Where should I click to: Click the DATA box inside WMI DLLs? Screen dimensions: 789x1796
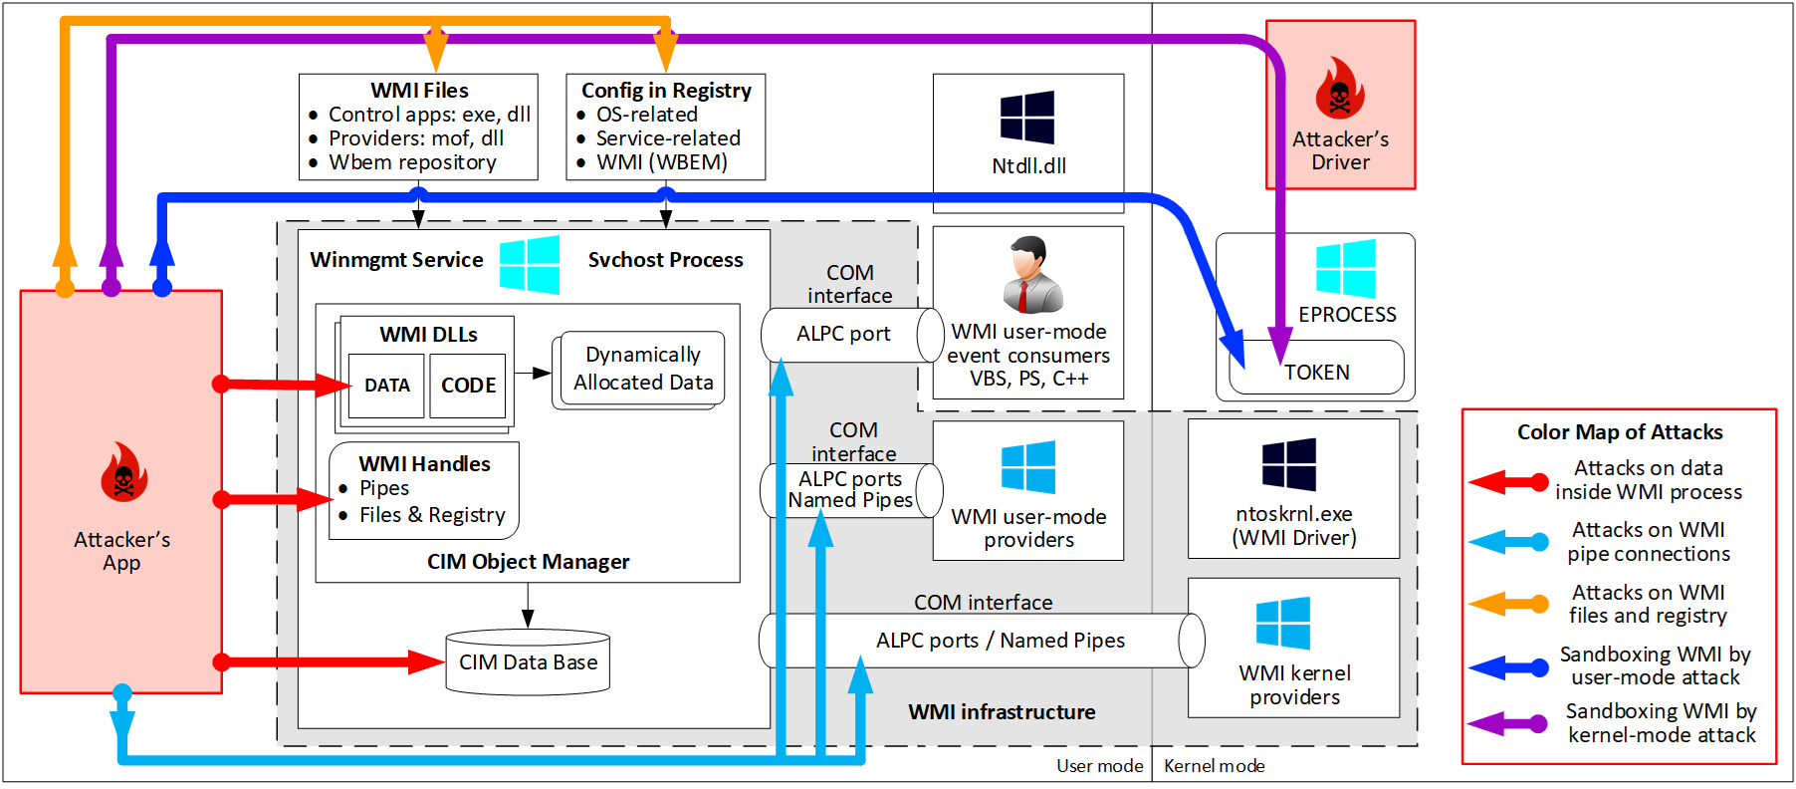point(386,386)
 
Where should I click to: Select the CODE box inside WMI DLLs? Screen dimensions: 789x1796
point(468,386)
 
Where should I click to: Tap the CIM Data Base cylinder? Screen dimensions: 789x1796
point(528,662)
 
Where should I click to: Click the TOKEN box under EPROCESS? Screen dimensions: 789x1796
point(1316,372)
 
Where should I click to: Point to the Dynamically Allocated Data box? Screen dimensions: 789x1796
point(643,369)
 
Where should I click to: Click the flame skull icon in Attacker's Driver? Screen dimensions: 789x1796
point(1339,89)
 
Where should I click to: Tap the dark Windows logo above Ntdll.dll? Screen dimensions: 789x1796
point(1027,118)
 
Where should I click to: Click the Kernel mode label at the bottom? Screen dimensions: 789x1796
point(1214,766)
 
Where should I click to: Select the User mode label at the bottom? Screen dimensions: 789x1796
point(1099,766)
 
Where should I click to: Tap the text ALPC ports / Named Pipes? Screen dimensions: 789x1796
point(1000,641)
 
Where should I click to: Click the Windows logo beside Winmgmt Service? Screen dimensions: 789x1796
point(530,264)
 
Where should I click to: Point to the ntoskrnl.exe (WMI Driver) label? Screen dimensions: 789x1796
point(1293,526)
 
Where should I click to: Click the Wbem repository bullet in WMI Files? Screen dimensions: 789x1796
point(412,162)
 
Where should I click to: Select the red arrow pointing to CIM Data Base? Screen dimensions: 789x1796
point(329,662)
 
